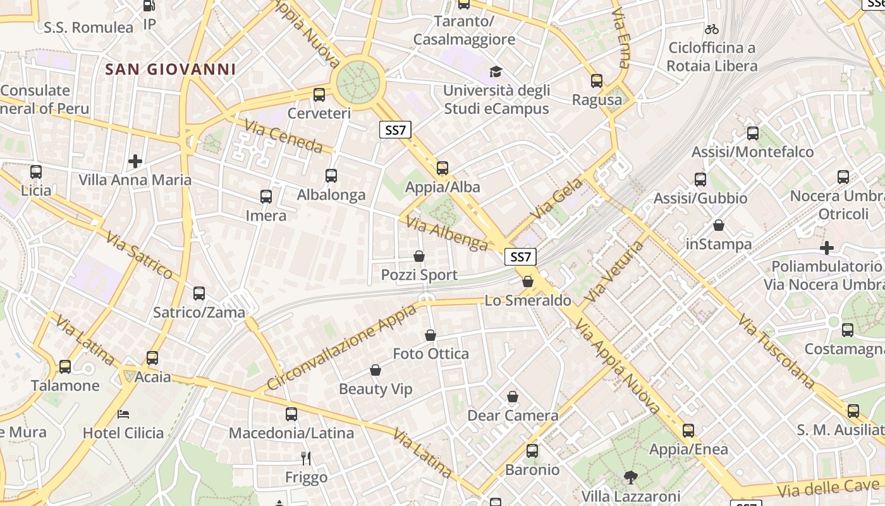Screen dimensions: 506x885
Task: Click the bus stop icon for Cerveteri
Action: pos(319,95)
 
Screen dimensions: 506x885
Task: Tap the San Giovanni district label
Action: pos(171,70)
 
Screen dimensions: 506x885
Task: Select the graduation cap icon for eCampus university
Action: pos(496,72)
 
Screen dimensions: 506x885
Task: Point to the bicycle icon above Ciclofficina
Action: pos(712,29)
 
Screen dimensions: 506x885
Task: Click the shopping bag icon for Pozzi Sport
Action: pos(418,256)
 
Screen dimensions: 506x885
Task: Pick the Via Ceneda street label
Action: pos(283,137)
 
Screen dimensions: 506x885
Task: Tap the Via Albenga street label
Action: pos(447,234)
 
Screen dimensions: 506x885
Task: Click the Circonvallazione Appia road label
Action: pos(342,347)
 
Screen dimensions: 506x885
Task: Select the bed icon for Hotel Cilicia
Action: pos(123,414)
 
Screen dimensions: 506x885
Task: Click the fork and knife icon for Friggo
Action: pos(306,458)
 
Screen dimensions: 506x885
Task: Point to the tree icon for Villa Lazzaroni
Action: pos(630,477)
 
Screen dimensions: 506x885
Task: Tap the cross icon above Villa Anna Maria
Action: pos(135,161)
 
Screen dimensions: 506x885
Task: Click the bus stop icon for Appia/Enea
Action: pos(688,431)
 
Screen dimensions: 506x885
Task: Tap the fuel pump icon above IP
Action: pos(149,6)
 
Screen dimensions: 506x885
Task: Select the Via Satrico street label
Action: pos(139,256)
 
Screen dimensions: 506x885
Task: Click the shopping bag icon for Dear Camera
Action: pos(513,397)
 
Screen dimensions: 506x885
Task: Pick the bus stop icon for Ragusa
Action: pos(597,81)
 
